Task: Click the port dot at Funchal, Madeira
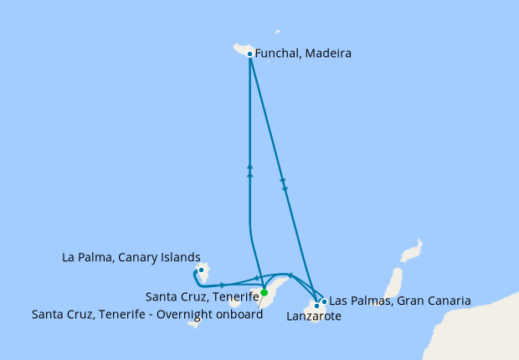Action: tap(250, 54)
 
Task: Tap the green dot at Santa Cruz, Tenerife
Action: tap(264, 293)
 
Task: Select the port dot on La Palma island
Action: tap(202, 270)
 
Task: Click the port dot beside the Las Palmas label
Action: tap(324, 301)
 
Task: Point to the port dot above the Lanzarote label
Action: tap(316, 306)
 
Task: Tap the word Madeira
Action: tap(328, 54)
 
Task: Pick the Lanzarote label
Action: tap(314, 316)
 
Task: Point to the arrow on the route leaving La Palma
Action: tap(223, 285)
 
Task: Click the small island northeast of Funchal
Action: tap(278, 33)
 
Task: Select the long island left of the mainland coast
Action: tap(392, 285)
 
